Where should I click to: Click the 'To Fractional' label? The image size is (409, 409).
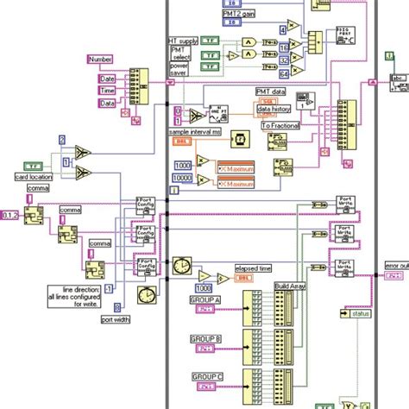[x=280, y=125]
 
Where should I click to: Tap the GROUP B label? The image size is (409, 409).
[x=205, y=339]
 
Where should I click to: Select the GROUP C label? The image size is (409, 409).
[x=205, y=377]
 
